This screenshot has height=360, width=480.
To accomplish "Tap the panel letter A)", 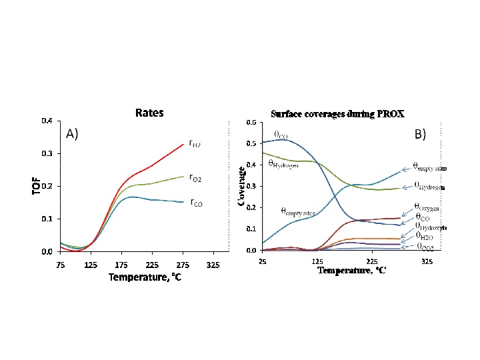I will [73, 134].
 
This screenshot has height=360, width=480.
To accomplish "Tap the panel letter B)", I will [420, 134].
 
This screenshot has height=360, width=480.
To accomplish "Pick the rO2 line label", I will [195, 177].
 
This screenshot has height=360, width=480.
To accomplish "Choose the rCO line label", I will [195, 202].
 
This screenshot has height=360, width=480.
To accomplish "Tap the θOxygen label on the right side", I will [427, 207].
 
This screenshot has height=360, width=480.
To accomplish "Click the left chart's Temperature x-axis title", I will [145, 277].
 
